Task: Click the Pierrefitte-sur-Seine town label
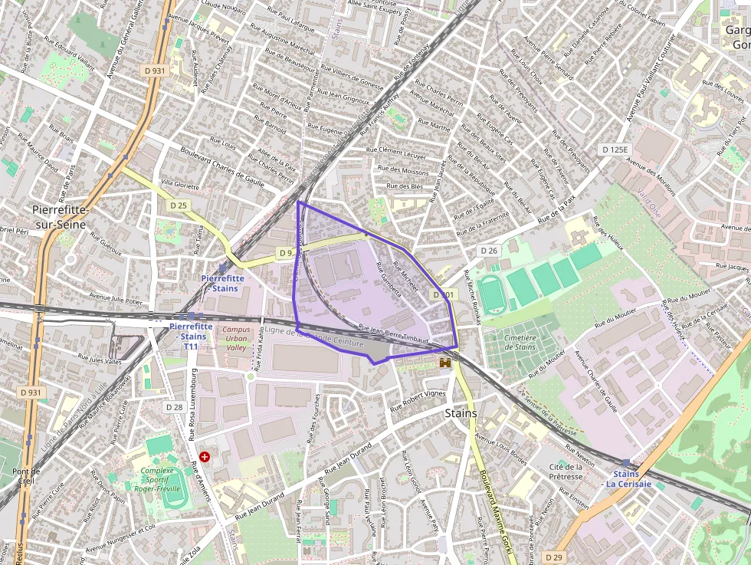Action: pyautogui.click(x=61, y=217)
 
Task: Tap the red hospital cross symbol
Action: pyautogui.click(x=205, y=456)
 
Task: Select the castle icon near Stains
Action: pyautogui.click(x=444, y=364)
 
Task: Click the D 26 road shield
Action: pyautogui.click(x=489, y=251)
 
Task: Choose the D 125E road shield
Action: pyautogui.click(x=615, y=149)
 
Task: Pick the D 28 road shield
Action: pyautogui.click(x=174, y=407)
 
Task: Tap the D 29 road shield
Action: pyautogui.click(x=555, y=556)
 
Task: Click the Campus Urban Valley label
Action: pyautogui.click(x=237, y=338)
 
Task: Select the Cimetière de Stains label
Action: pyautogui.click(x=520, y=342)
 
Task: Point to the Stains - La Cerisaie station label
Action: pyautogui.click(x=628, y=478)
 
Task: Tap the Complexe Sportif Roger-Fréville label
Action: pyautogui.click(x=165, y=479)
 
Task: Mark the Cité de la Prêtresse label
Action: pyautogui.click(x=566, y=471)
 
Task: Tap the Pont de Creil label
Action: pyautogui.click(x=26, y=475)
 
